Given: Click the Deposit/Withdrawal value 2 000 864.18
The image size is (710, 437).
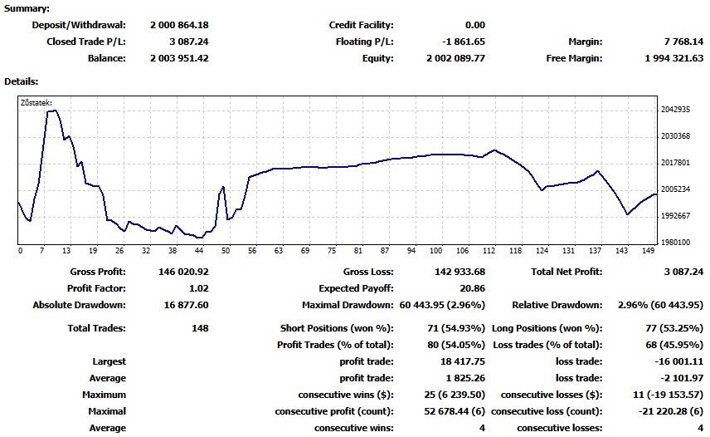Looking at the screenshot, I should pos(179,25).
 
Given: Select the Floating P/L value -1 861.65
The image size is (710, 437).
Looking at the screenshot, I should pos(458,42).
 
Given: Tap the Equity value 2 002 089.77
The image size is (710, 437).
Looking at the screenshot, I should pos(455,58).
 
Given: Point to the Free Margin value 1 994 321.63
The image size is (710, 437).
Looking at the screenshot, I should pos(674,58).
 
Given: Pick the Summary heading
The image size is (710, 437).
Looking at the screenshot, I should pos(27,8).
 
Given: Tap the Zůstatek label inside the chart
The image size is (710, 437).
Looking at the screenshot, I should pos(36,104).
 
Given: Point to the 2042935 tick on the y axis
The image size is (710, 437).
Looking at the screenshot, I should pos(676,110).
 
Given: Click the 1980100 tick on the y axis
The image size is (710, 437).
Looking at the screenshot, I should pos(676,243).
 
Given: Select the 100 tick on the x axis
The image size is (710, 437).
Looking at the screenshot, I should pos(436,251).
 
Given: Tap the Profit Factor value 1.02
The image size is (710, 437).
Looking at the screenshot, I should pos(197,288).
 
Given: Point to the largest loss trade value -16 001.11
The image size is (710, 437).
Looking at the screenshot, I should pos(679,361).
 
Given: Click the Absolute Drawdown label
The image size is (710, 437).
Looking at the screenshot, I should pos(79,305).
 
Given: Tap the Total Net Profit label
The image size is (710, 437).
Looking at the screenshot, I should pos(567,272).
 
